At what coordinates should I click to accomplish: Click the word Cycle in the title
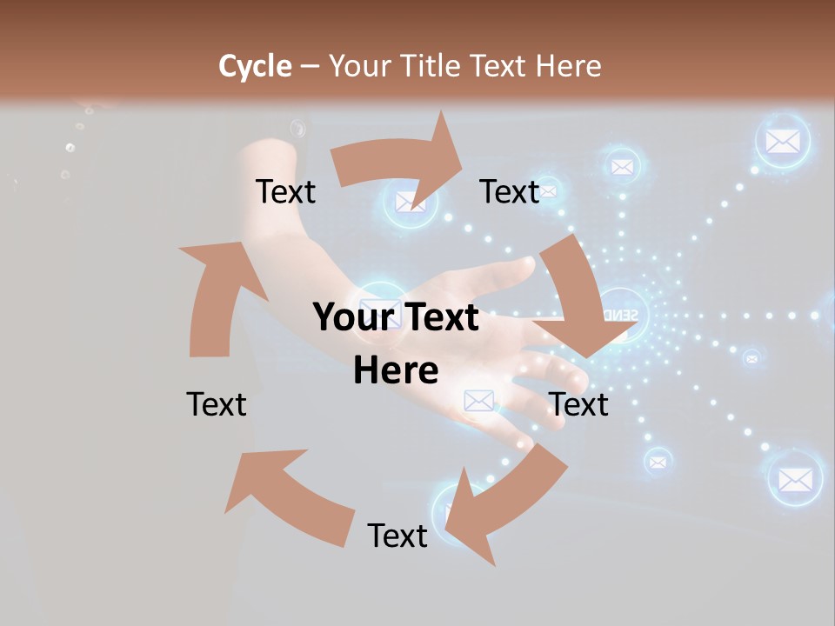[x=255, y=66]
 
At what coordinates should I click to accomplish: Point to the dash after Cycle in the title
[x=310, y=67]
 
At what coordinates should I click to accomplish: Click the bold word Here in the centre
[x=396, y=370]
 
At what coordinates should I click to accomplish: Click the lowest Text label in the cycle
[x=397, y=536]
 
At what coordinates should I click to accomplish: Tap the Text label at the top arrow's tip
[x=510, y=192]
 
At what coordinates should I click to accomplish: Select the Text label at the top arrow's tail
[x=285, y=192]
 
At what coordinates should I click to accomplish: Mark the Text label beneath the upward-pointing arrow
[x=217, y=404]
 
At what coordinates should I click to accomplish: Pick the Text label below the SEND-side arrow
[x=578, y=404]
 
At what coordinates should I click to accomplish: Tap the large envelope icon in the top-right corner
[x=783, y=141]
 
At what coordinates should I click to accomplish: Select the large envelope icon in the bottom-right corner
[x=795, y=478]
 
